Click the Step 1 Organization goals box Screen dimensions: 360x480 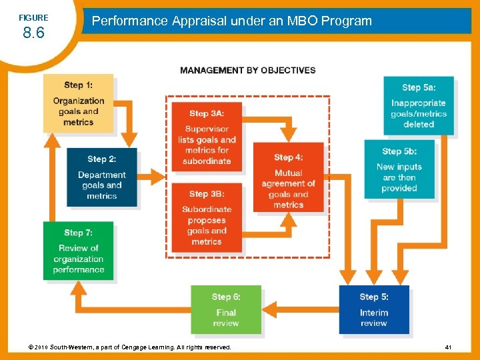coord(78,103)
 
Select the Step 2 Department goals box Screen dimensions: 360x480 coord(101,177)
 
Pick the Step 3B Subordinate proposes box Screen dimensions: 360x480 coord(207,217)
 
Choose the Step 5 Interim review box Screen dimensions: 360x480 coord(373,309)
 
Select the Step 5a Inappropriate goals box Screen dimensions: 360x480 coord(418,106)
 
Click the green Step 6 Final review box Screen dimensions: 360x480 coord(225,309)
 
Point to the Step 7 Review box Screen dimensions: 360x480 coord(78,251)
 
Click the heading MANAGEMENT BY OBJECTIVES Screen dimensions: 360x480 coord(247,70)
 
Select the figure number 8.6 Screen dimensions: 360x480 coord(33,33)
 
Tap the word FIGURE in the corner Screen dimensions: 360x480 coord(33,17)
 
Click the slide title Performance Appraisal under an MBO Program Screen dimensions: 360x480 coord(231,21)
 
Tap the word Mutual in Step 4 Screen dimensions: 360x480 coord(288,173)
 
